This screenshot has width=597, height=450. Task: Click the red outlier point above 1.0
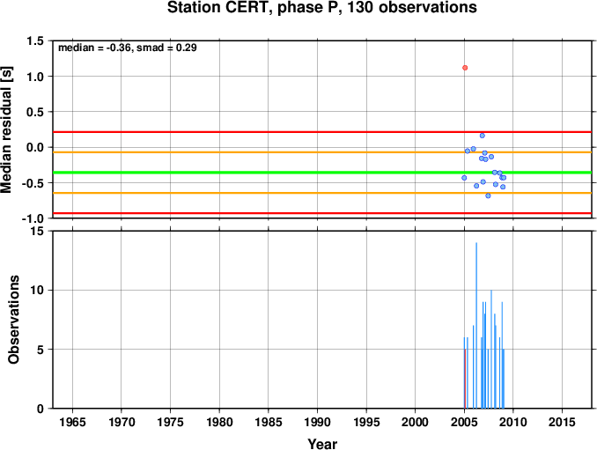[465, 68]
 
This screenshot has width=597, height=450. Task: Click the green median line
[322, 173]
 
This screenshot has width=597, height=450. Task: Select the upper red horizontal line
[322, 132]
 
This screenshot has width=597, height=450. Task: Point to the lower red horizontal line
[322, 213]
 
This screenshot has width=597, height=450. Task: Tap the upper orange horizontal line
[322, 152]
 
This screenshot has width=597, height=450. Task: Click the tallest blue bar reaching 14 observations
[476, 326]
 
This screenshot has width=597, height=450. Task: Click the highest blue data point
[483, 136]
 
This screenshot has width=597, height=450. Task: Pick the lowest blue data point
[488, 195]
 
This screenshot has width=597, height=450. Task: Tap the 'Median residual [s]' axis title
[6, 129]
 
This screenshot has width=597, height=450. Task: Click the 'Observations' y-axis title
[13, 320]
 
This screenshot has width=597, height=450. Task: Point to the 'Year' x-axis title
[322, 444]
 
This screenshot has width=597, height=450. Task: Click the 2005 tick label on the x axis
[464, 422]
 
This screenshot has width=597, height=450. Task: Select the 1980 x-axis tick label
[219, 422]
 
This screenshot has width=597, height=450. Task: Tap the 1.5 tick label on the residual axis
[35, 41]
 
